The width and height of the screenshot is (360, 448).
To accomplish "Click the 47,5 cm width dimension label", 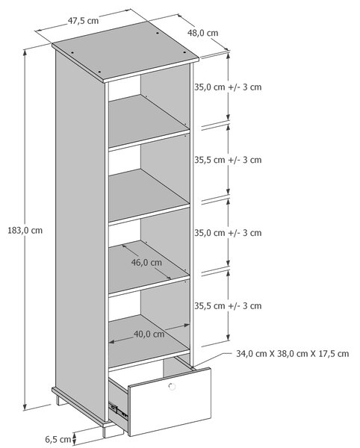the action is (x=83, y=21).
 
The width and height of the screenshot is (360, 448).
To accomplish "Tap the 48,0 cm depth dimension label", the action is (x=202, y=33).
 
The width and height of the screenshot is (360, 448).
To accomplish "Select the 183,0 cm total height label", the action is (x=25, y=230).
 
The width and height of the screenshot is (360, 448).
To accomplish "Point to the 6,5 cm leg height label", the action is (x=58, y=439).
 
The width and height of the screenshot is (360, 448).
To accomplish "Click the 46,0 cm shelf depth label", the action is (x=146, y=262).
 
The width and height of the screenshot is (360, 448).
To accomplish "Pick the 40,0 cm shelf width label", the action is (x=149, y=334).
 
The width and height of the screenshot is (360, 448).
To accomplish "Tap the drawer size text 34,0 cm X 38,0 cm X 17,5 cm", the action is (x=293, y=354).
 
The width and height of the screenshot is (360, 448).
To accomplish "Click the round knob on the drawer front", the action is (x=172, y=387).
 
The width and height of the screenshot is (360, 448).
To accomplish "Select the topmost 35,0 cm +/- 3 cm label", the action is (x=228, y=87).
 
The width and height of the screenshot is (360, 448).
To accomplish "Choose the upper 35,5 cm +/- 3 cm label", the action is (x=228, y=160).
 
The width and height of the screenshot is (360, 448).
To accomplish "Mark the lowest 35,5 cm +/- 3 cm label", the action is (x=228, y=305).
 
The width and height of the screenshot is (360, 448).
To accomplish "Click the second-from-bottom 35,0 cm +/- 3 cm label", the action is (x=228, y=233).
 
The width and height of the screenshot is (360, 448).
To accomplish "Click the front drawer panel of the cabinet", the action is (x=170, y=402).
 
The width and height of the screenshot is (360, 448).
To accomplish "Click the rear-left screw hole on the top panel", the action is (x=72, y=53).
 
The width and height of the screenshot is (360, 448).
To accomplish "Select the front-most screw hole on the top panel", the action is (x=99, y=72).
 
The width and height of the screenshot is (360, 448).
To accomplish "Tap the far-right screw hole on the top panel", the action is (x=184, y=53).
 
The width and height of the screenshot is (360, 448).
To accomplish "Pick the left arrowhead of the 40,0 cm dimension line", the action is (x=112, y=341).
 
